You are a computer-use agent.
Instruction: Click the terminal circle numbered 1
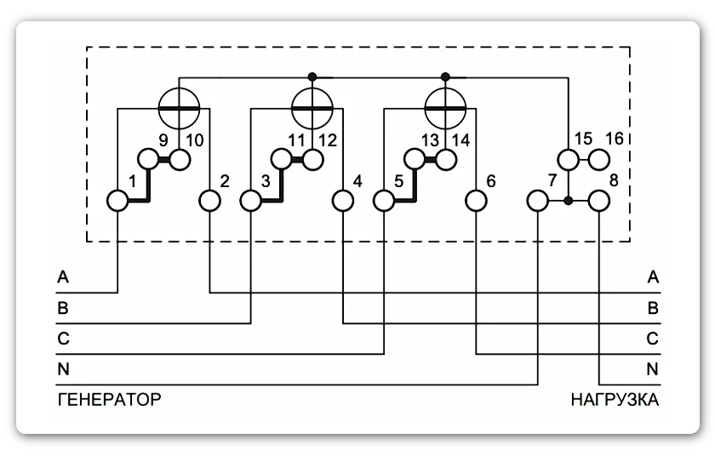click(x=117, y=201)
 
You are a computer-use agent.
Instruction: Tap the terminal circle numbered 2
click(x=209, y=201)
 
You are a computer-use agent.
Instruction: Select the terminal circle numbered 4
click(x=342, y=201)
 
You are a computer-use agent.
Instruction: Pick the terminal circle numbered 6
click(x=475, y=201)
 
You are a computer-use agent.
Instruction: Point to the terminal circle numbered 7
click(x=538, y=201)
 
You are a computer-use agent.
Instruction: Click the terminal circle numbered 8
click(x=600, y=201)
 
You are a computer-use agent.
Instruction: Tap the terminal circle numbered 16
click(x=600, y=159)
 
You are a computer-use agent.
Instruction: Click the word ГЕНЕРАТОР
click(x=109, y=399)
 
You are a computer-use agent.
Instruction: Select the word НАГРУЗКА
click(x=615, y=399)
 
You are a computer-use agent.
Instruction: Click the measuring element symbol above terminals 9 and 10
click(x=179, y=107)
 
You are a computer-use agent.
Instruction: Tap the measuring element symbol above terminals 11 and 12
click(x=312, y=107)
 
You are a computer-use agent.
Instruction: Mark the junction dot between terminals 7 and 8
click(x=569, y=202)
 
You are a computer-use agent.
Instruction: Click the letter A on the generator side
click(x=62, y=276)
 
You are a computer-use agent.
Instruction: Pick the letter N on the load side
click(x=653, y=369)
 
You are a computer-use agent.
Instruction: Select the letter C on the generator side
click(x=62, y=339)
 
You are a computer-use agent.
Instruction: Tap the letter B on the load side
click(x=653, y=308)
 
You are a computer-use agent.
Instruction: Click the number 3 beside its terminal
click(x=266, y=181)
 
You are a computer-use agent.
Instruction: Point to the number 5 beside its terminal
click(x=399, y=181)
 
